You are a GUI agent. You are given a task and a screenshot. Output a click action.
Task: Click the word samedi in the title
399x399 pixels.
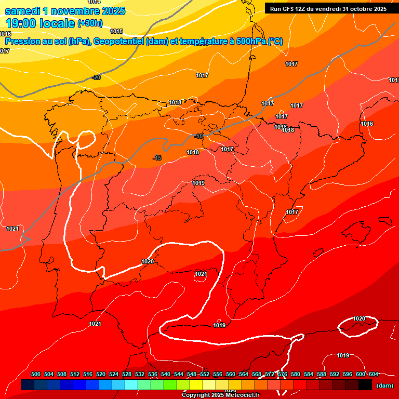click(x=21, y=11)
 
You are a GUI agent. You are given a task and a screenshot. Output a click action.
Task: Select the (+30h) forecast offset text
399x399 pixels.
click(x=90, y=23)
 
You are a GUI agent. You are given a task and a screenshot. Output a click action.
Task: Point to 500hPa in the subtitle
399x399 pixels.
click(x=251, y=42)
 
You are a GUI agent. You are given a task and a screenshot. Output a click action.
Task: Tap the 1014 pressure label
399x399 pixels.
click(x=94, y=2)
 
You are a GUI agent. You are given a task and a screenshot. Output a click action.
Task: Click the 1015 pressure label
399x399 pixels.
click(x=116, y=31)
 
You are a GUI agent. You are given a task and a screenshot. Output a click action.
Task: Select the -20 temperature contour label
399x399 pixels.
click(x=96, y=77)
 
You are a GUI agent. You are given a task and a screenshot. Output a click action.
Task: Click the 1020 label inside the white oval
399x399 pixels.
click(x=359, y=318)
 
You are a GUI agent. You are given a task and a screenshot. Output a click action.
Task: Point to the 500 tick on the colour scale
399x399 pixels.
click(x=36, y=374)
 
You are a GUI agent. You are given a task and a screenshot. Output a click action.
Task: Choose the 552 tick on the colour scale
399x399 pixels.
click(x=205, y=374)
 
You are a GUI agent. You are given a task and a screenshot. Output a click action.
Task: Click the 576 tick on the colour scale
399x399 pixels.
click(x=283, y=374)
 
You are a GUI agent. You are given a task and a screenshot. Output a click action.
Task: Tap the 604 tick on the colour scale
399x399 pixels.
click(x=374, y=374)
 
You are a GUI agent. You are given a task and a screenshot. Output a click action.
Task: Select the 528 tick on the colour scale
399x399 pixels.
click(x=127, y=374)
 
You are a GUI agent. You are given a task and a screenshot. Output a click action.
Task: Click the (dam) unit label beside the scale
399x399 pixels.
click(x=385, y=385)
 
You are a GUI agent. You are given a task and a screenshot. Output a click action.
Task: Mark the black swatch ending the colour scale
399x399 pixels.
click(x=365, y=384)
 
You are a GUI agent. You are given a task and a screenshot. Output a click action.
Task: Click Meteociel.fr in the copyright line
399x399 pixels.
click(x=241, y=395)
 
